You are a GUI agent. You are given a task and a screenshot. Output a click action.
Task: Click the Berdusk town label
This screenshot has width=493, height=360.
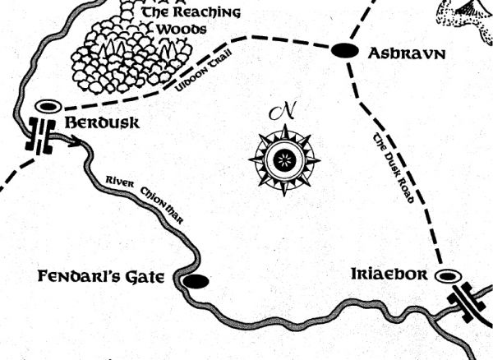pyautogui.click(x=103, y=123)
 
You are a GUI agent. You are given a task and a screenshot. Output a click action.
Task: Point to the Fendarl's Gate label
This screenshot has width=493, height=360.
pyautogui.click(x=102, y=276)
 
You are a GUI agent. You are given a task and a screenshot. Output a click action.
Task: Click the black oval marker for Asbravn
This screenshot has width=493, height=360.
pyautogui.click(x=345, y=51)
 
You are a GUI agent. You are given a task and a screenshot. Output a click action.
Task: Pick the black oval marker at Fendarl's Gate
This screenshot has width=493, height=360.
pyautogui.click(x=196, y=282)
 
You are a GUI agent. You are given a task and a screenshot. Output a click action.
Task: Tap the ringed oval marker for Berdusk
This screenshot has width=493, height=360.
pyautogui.click(x=48, y=106)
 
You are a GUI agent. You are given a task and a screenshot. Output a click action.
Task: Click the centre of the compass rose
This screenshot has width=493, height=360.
pyautogui.click(x=284, y=157)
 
